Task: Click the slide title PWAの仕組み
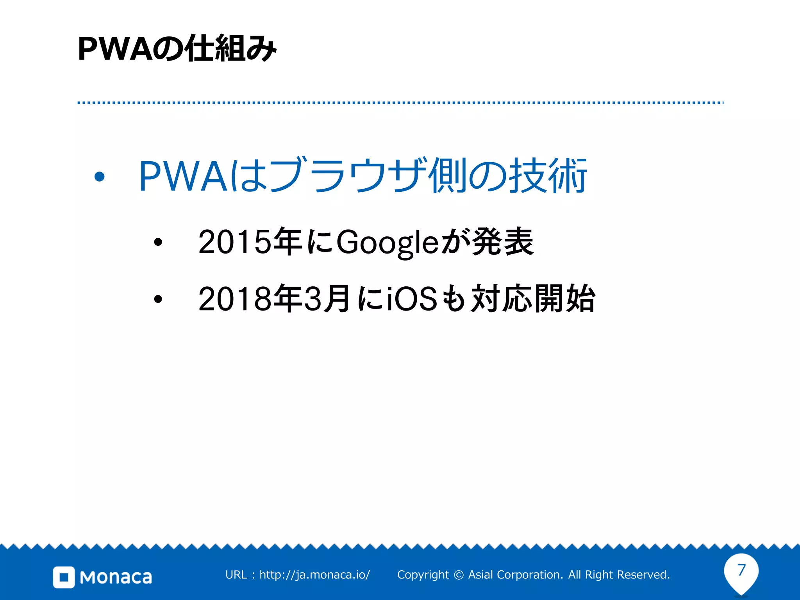pos(177,49)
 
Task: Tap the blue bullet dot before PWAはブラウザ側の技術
pos(100,177)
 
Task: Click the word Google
pos(387,243)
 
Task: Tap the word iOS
pos(412,299)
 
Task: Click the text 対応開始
pos(533,299)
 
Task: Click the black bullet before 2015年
pos(158,242)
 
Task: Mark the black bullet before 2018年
pos(158,299)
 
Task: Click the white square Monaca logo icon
pos(64,577)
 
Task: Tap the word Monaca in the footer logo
pos(116,577)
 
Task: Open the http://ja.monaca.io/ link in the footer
pos(314,575)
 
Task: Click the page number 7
pos(741,570)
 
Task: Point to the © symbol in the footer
pos(459,575)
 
